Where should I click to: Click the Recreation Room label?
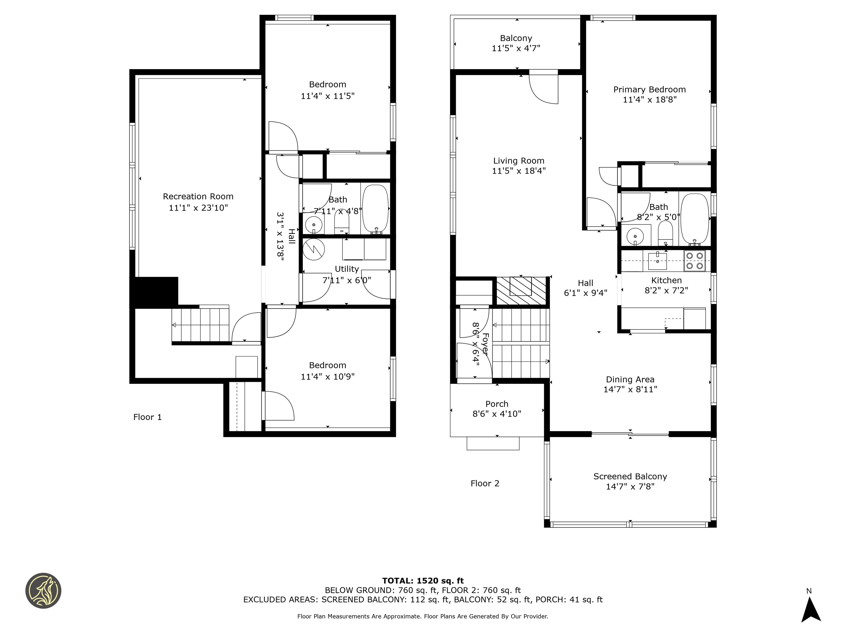coord(198,196)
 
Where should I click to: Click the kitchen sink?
coord(657,261)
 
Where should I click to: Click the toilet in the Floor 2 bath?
coord(665,233)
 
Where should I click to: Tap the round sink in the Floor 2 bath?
coord(635,236)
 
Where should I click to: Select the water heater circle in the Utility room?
coord(314,250)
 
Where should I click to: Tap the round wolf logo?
coord(43,591)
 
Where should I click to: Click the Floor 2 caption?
coord(485,483)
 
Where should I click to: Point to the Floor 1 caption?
coord(147,417)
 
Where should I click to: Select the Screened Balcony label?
coord(630,477)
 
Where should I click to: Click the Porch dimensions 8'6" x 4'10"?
coord(497,414)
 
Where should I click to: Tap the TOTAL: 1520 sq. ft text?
coord(423,581)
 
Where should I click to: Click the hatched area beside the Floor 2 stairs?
coord(521,291)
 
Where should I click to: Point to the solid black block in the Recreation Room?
coord(154,292)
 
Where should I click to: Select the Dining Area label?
coord(630,379)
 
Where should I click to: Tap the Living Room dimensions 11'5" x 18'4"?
coord(518,171)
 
